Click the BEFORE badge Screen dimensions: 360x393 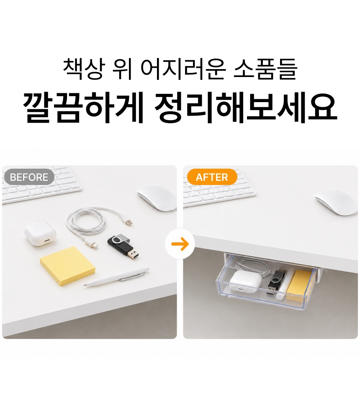[29, 177]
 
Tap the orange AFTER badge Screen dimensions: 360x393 [212, 177]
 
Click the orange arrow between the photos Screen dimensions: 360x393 [180, 244]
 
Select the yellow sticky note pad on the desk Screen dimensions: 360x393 [68, 266]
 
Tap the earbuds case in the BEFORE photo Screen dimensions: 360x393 [40, 233]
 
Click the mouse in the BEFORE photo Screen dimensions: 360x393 [157, 198]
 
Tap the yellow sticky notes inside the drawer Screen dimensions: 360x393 [298, 285]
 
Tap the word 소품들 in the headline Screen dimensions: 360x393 [265, 69]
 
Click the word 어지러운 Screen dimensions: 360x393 [182, 69]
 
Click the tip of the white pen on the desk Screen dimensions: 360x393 [85, 285]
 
